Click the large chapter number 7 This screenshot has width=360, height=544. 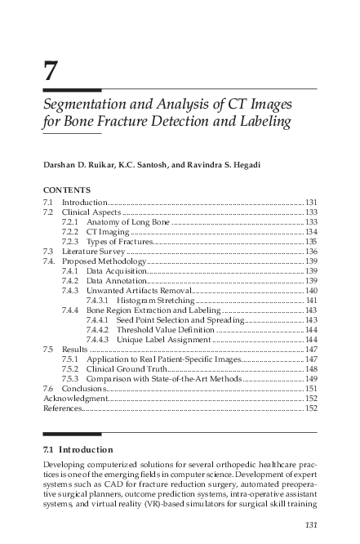tap(51, 72)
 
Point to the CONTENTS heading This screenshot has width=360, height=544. tap(67, 189)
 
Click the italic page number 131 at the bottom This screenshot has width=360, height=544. tap(309, 524)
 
